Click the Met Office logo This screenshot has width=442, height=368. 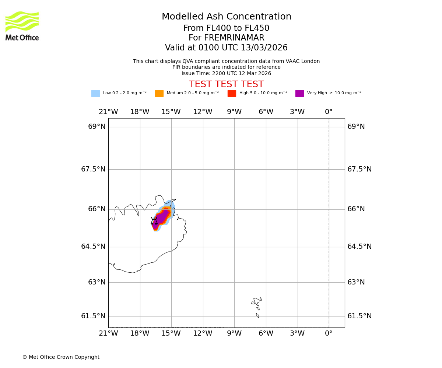click(x=22, y=26)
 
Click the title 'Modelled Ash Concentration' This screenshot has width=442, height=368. click(x=227, y=17)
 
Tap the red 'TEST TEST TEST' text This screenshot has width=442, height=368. click(x=226, y=85)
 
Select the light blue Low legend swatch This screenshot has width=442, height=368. click(x=95, y=93)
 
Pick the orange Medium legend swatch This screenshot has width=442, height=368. click(x=159, y=93)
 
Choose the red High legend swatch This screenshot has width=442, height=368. click(x=232, y=93)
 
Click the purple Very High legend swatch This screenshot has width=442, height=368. click(x=299, y=93)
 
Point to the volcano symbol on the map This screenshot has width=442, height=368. click(x=154, y=221)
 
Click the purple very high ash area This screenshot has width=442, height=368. click(x=161, y=218)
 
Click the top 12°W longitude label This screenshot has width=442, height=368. click(x=203, y=112)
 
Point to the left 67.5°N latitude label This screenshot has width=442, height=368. click(x=93, y=169)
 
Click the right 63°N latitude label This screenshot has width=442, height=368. click(x=356, y=282)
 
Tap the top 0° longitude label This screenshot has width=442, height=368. click(x=329, y=112)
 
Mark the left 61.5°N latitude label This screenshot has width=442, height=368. click(x=93, y=316)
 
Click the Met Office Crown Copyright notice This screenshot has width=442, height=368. click(x=61, y=357)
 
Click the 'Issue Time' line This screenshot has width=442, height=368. click(x=226, y=73)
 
